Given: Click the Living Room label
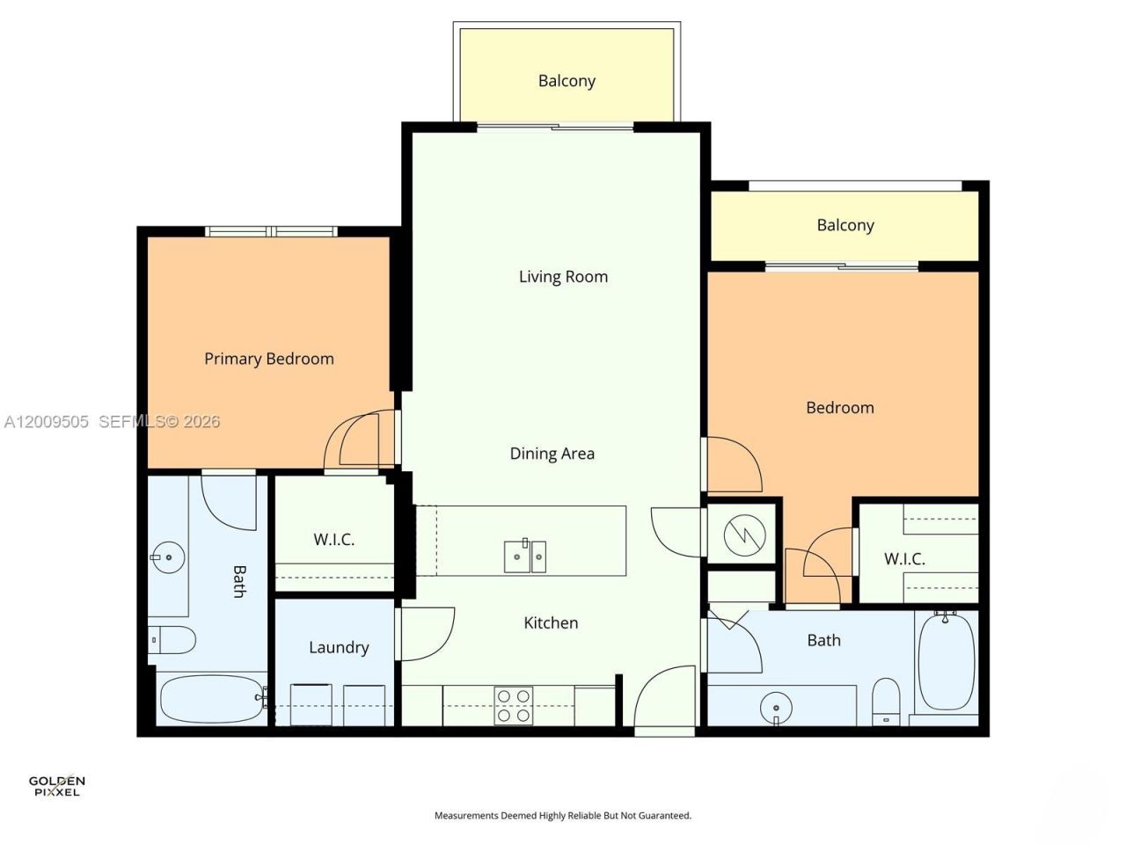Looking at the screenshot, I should [x=563, y=277].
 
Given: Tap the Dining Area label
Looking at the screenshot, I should [x=552, y=454].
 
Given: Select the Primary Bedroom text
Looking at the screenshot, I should [x=268, y=359].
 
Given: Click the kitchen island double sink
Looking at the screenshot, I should [x=524, y=557].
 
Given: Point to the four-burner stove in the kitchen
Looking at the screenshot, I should [x=513, y=705].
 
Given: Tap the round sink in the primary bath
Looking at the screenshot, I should [x=166, y=557].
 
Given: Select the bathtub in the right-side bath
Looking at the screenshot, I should [x=946, y=661].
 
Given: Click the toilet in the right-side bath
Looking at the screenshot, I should [x=886, y=701].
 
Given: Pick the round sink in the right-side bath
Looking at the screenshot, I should [x=775, y=706].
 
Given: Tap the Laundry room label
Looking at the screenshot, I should [x=339, y=648].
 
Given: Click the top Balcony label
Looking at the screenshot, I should [x=567, y=81].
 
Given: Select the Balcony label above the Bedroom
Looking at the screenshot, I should [x=844, y=225].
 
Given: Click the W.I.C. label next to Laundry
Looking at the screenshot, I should [x=333, y=540].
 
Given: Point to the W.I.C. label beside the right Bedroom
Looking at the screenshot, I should [x=903, y=559].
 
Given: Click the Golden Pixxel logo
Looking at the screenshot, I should [x=56, y=784].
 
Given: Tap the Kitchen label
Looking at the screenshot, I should [x=551, y=623].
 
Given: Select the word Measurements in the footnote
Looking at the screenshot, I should [x=465, y=816].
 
